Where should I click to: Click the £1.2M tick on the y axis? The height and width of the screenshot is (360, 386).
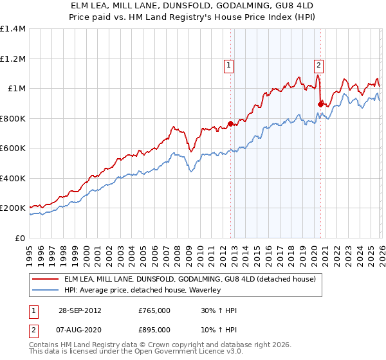pyautogui.click(x=13, y=59)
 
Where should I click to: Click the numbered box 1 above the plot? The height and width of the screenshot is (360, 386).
pyautogui.click(x=229, y=64)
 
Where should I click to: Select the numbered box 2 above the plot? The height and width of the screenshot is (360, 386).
pyautogui.click(x=318, y=64)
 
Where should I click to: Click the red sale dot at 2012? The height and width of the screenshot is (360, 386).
pyautogui.click(x=230, y=123)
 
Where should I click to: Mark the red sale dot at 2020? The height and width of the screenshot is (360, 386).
pyautogui.click(x=320, y=104)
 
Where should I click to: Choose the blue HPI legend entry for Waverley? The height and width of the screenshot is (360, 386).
pyautogui.click(x=142, y=291)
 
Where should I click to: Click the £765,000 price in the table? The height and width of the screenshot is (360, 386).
pyautogui.click(x=154, y=310)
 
